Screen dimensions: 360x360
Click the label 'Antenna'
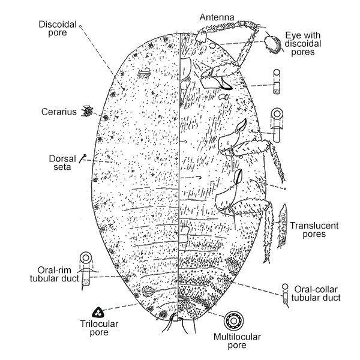[x=217, y=17]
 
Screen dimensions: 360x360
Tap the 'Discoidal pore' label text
[x=58, y=28]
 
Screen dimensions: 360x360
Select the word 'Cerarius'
[x=59, y=112]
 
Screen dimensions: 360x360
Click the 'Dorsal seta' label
[x=62, y=163]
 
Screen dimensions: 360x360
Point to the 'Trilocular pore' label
[x=99, y=328]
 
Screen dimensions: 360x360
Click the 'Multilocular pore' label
[x=237, y=341]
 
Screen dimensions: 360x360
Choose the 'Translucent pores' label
[x=314, y=230]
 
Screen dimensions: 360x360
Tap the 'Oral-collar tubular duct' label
[x=316, y=293]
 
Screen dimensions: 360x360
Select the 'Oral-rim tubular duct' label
[x=55, y=274]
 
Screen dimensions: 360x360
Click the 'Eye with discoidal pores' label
[x=302, y=44]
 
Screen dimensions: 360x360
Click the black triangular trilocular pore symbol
[x=98, y=312]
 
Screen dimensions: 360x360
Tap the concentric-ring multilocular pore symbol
[x=233, y=320]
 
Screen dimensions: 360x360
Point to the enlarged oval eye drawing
[x=272, y=44]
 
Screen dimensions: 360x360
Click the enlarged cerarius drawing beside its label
[x=87, y=111]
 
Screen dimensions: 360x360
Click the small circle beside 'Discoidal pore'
[x=80, y=26]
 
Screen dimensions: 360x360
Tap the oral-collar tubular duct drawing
[x=285, y=296]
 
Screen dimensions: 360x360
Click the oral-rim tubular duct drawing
[x=86, y=271]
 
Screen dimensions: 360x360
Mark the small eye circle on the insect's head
[x=212, y=46]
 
